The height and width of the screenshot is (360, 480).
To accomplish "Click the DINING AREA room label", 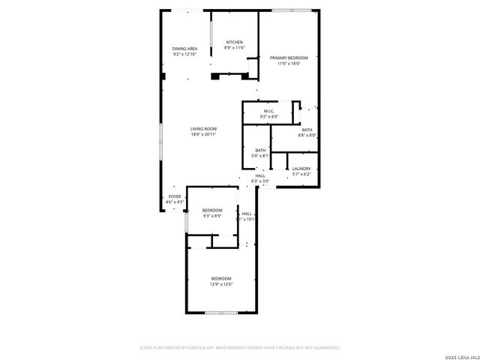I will click(x=184, y=48).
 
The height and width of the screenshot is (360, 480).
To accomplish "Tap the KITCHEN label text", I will click(x=235, y=42).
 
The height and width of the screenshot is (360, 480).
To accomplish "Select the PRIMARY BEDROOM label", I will click(x=289, y=58).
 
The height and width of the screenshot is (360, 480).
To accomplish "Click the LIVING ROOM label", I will click(x=203, y=129).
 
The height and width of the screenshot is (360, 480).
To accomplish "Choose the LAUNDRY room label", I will click(x=301, y=169).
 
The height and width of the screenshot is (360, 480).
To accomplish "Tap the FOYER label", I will click(x=174, y=196).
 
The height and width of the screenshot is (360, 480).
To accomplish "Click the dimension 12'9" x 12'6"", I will click(x=221, y=284).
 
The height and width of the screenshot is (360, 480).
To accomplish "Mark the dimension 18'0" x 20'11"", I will click(x=203, y=135).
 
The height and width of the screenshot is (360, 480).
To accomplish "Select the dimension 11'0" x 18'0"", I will click(x=289, y=64).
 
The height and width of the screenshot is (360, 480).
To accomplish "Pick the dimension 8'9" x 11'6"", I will click(x=235, y=48).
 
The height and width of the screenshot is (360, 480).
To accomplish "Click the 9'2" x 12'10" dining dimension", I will click(x=184, y=54).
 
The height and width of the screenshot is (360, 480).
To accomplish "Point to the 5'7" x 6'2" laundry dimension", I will click(x=301, y=175).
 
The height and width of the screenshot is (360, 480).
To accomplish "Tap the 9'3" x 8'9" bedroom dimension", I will click(x=212, y=216).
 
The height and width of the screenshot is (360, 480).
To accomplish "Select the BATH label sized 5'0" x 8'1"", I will click(x=260, y=150).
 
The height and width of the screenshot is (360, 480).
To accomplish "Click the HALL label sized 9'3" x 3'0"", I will click(x=260, y=175).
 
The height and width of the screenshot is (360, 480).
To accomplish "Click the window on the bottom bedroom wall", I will click(x=223, y=312).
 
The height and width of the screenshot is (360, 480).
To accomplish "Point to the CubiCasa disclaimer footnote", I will click(x=240, y=347).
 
